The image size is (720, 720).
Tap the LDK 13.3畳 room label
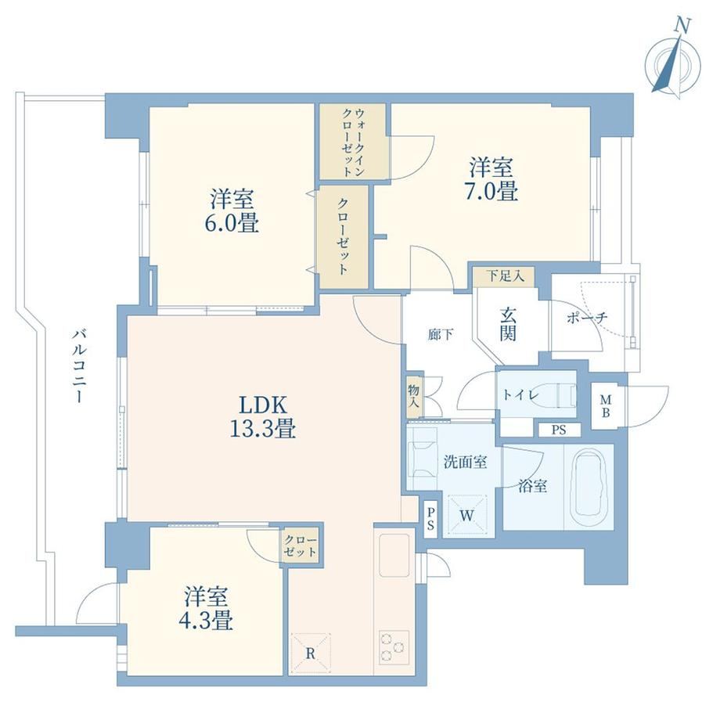coord(262,417)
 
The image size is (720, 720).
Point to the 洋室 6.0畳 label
coord(232,211)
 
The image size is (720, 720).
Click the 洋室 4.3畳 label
coord(206,608)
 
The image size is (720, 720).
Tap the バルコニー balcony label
coord(79,366)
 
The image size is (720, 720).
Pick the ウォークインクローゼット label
coord(354,142)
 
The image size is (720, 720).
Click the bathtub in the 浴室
coord(589,485)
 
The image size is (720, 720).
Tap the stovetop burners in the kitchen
coord(394,647)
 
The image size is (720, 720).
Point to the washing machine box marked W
coord(467,516)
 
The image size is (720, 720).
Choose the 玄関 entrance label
coord(507,325)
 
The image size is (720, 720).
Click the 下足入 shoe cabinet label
coord(505,276)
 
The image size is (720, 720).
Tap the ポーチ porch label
coord(587,317)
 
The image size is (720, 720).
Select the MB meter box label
coord(606,406)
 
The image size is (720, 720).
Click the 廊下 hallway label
coord(441,335)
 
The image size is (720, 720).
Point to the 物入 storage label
coord(414,397)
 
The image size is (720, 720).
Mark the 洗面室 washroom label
coord(465,462)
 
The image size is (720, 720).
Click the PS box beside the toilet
coord(559,430)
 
